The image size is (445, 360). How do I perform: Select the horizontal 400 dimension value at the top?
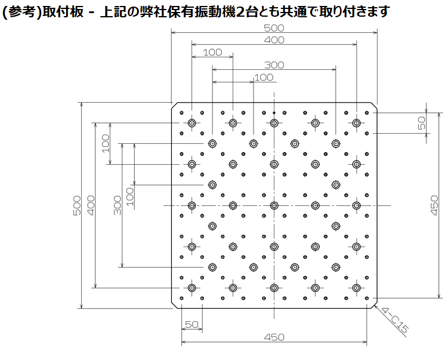click(x=274, y=40)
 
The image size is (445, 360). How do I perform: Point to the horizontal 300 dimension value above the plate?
click(x=274, y=65)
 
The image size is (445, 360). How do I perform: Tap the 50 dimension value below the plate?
click(x=191, y=324)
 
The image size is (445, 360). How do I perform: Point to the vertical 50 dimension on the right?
click(x=422, y=123)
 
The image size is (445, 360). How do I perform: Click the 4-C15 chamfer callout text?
click(x=394, y=320)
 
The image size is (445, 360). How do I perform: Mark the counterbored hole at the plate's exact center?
click(x=274, y=205)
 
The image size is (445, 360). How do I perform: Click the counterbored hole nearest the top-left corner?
click(x=192, y=123)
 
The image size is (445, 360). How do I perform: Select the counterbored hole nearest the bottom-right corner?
click(x=357, y=288)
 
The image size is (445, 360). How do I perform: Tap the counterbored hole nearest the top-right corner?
click(x=357, y=123)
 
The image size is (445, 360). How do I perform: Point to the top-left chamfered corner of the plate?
click(x=175, y=106)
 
